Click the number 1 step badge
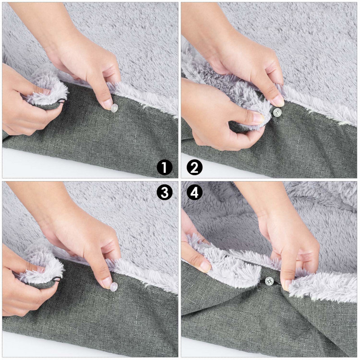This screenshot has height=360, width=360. click(165, 167)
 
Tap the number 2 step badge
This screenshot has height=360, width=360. click(194, 167)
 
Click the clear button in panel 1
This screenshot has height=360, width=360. click(114, 108)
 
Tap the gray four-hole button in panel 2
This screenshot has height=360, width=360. click(277, 112)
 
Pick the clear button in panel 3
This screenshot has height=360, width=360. click(114, 287)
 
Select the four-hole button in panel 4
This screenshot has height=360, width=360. click(269, 280)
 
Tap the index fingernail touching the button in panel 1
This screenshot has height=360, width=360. click(108, 105)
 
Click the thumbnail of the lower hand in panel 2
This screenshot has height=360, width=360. click(258, 118)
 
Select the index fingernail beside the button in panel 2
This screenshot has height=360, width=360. click(278, 100)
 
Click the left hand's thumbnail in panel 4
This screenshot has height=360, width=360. click(205, 266)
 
